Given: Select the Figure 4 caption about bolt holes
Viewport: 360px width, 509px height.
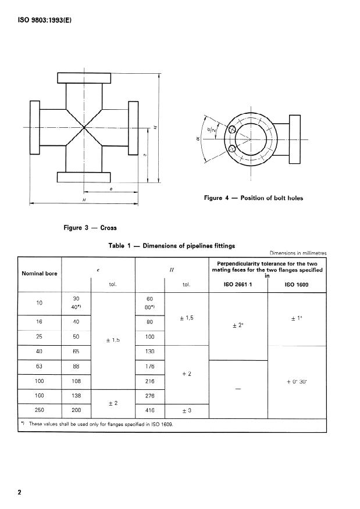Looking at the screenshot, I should pyautogui.click(x=254, y=198).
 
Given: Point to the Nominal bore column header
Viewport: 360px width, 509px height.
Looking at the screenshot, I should pyautogui.click(x=40, y=274).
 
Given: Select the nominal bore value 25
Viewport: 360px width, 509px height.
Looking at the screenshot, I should pyautogui.click(x=40, y=337).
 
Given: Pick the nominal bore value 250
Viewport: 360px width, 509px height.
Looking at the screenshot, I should pyautogui.click(x=40, y=410).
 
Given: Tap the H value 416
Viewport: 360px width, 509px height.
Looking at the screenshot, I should pyautogui.click(x=150, y=410).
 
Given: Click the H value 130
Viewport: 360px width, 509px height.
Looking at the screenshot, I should pyautogui.click(x=150, y=352).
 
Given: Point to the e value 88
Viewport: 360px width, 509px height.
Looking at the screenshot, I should pyautogui.click(x=76, y=367).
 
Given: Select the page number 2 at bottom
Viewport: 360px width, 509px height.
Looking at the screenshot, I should pyautogui.click(x=20, y=493).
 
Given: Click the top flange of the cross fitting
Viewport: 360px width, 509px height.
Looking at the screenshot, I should pyautogui.click(x=84, y=77).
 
